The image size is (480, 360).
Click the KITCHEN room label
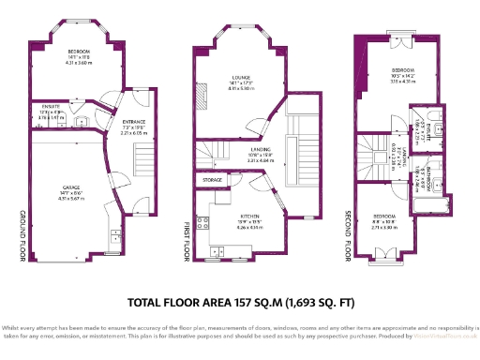(248, 217)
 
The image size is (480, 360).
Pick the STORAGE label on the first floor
(213, 178)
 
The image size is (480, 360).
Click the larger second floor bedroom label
(403, 72)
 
